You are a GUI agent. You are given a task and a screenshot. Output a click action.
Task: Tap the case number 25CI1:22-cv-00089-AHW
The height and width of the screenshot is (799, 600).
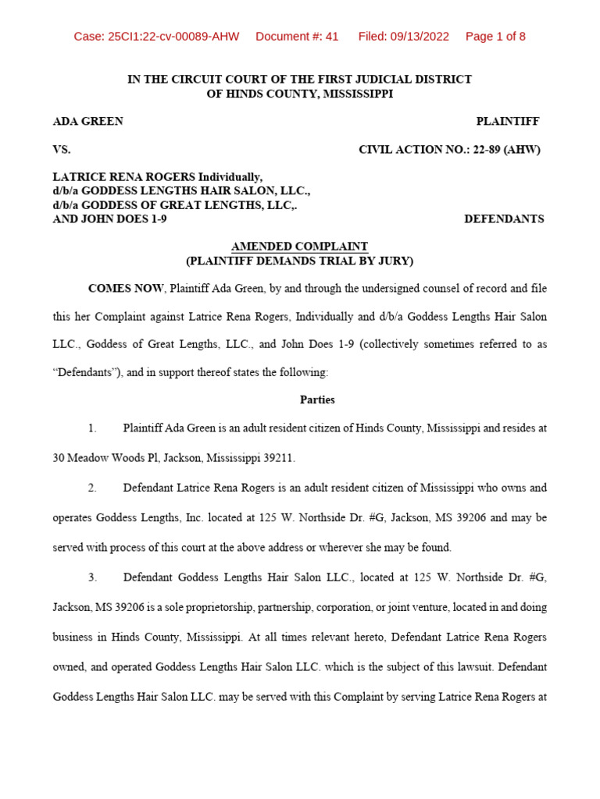point(156,37)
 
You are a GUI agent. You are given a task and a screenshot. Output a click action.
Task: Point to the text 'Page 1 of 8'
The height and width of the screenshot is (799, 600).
point(495,37)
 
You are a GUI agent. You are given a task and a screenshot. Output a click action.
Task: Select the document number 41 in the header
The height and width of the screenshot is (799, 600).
point(331,37)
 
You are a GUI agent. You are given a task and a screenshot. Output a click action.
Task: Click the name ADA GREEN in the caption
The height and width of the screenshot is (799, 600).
point(87,122)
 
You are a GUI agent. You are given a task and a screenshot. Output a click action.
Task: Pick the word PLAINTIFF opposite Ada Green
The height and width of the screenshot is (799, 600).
point(508,122)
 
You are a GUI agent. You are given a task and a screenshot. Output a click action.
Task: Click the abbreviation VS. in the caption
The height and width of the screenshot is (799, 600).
point(61,149)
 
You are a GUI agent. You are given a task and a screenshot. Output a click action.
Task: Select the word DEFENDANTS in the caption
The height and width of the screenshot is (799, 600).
point(504,219)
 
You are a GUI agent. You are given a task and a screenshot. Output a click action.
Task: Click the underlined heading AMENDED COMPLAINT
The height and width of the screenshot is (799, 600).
point(299,247)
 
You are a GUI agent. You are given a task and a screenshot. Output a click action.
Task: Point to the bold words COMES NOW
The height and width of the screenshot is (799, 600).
point(126,289)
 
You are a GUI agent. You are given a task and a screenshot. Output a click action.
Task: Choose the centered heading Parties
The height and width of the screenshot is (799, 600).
point(317,399)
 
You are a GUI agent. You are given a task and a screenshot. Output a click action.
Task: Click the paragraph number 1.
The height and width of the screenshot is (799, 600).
point(91,428)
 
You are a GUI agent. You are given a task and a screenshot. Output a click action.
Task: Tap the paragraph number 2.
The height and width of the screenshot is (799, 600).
point(91,488)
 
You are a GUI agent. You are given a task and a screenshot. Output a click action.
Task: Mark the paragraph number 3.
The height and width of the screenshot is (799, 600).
point(91,577)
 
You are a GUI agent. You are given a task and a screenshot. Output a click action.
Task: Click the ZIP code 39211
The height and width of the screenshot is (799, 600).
point(280,458)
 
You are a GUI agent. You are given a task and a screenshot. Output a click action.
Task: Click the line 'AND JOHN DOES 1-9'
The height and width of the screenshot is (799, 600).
point(109,219)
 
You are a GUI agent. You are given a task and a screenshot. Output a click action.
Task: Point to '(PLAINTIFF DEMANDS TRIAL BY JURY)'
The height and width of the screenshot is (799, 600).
point(299,261)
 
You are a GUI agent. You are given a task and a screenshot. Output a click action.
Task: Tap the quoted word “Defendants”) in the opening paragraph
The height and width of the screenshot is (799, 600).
point(86,373)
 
